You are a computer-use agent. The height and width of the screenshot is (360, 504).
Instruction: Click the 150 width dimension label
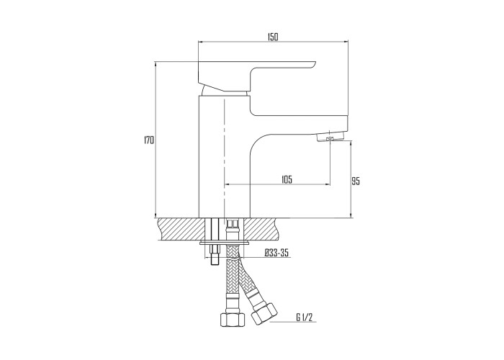(272, 37)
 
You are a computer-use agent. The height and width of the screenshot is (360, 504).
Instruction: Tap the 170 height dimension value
(149, 140)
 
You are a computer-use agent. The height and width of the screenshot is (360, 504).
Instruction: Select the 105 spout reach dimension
(287, 179)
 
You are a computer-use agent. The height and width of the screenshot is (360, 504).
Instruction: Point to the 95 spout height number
(355, 181)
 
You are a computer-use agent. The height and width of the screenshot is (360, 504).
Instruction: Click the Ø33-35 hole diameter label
(276, 253)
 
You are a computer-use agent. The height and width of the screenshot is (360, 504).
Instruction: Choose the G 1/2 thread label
(304, 318)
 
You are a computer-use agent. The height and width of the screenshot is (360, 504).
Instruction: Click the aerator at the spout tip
(330, 138)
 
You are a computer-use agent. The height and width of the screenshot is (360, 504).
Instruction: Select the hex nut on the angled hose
(264, 313)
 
